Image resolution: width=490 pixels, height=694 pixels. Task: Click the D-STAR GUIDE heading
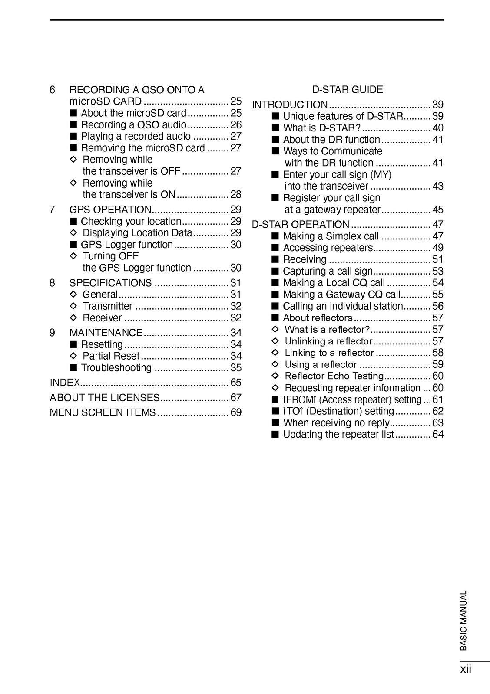coord(348,90)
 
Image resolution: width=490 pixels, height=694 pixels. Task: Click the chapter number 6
coord(53,90)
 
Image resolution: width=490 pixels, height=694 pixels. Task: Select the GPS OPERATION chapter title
coord(110,210)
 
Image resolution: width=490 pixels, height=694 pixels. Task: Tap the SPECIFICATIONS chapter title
coord(110,283)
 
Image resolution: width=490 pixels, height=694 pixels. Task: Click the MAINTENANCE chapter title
coord(106,333)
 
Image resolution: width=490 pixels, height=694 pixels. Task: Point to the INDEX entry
coord(65,383)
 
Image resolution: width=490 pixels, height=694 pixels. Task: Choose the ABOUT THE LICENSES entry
coord(105,397)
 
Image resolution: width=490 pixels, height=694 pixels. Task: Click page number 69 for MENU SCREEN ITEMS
coord(236,412)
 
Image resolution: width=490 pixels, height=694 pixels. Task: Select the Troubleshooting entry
coord(116,368)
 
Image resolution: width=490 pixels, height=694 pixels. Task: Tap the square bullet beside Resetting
coord(73,345)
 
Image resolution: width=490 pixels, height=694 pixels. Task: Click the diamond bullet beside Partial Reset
coord(73,356)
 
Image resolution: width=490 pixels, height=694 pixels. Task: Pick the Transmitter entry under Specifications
coord(107,306)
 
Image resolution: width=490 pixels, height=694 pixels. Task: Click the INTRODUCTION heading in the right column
coord(290,105)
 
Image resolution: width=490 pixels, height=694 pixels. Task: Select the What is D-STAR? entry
coord(321,128)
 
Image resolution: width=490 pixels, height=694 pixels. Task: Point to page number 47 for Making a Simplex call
coord(438,236)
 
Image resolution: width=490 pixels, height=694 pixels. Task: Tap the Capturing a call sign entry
coord(328,272)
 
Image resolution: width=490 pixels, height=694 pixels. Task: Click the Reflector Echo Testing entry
coord(334,376)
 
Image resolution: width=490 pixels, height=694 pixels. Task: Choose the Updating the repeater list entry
coord(338,435)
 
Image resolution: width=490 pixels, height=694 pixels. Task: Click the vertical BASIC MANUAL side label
coord(464,620)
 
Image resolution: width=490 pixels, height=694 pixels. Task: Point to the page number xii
coord(466,669)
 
